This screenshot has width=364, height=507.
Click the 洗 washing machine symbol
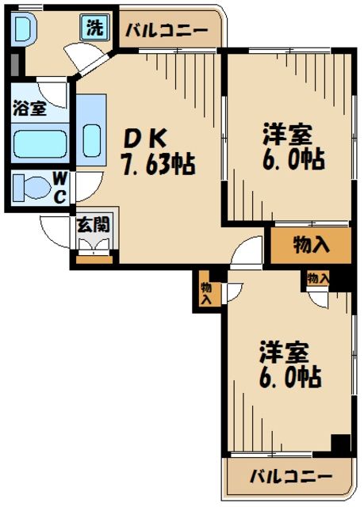[94, 29]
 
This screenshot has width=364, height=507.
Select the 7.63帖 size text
[157, 166]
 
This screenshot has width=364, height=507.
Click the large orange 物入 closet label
[310, 245]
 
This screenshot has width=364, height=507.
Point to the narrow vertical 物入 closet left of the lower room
[206, 292]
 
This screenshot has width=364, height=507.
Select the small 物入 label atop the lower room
[318, 278]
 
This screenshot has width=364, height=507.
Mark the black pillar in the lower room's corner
[341, 445]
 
